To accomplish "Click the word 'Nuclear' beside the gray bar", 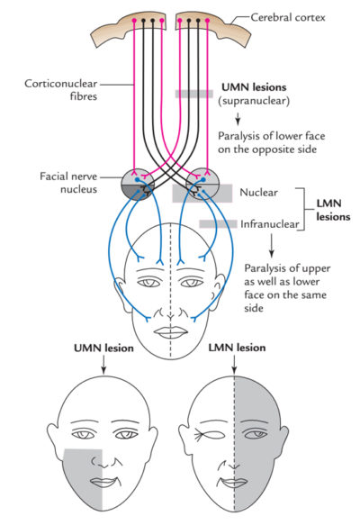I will click(x=259, y=193).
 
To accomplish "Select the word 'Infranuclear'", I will click(x=267, y=222).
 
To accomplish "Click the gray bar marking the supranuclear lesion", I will click(x=194, y=94).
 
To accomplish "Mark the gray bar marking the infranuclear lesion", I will click(x=219, y=223).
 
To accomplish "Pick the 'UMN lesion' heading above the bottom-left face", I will click(x=101, y=348).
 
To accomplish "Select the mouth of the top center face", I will click(x=169, y=330).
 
